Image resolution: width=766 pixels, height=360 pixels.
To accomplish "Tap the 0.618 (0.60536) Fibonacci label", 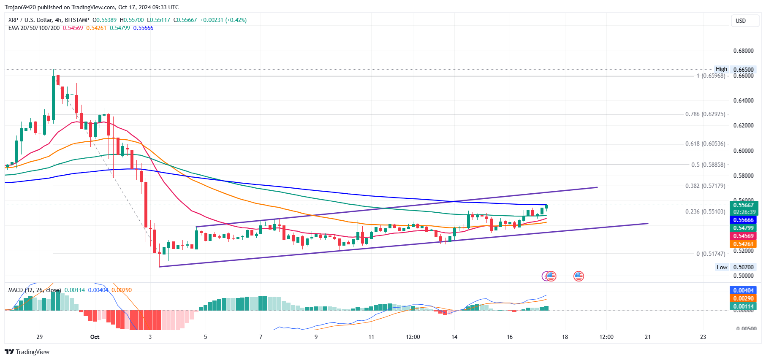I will pyautogui.click(x=705, y=144).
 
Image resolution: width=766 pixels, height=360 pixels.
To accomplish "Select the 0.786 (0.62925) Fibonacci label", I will pyautogui.click(x=705, y=114).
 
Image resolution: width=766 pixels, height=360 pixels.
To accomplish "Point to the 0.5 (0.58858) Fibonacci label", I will pyautogui.click(x=708, y=165).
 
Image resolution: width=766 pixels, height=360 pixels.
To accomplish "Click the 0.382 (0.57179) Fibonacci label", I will pyautogui.click(x=705, y=186).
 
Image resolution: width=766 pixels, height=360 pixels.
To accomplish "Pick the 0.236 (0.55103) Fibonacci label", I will pyautogui.click(x=705, y=212).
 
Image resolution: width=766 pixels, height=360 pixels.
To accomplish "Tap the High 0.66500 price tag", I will pyautogui.click(x=735, y=69).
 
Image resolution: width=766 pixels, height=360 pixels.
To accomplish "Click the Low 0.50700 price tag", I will pyautogui.click(x=735, y=267).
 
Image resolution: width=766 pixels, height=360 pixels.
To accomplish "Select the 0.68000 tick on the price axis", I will pyautogui.click(x=743, y=51).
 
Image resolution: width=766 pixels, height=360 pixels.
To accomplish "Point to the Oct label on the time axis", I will pyautogui.click(x=95, y=337).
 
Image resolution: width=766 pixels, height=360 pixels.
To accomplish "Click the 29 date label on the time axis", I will pyautogui.click(x=39, y=337).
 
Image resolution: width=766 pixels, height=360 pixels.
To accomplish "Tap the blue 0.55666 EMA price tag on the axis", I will pyautogui.click(x=743, y=220).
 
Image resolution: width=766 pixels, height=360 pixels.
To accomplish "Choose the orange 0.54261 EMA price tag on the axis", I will pyautogui.click(x=743, y=244).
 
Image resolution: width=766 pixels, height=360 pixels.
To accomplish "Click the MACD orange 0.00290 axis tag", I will pyautogui.click(x=743, y=298).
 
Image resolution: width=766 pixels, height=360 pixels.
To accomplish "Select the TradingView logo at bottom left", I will pyautogui.click(x=27, y=352).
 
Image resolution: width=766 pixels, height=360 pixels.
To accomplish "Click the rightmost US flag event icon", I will pyautogui.click(x=579, y=276).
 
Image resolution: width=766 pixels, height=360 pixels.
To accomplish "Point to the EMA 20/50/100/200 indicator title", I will pyautogui.click(x=34, y=28).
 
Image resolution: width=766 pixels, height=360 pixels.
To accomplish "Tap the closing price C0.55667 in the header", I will pyautogui.click(x=185, y=20).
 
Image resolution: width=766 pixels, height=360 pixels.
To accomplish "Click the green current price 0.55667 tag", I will pyautogui.click(x=743, y=206).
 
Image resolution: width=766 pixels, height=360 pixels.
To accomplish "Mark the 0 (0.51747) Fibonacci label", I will pyautogui.click(x=711, y=254).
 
